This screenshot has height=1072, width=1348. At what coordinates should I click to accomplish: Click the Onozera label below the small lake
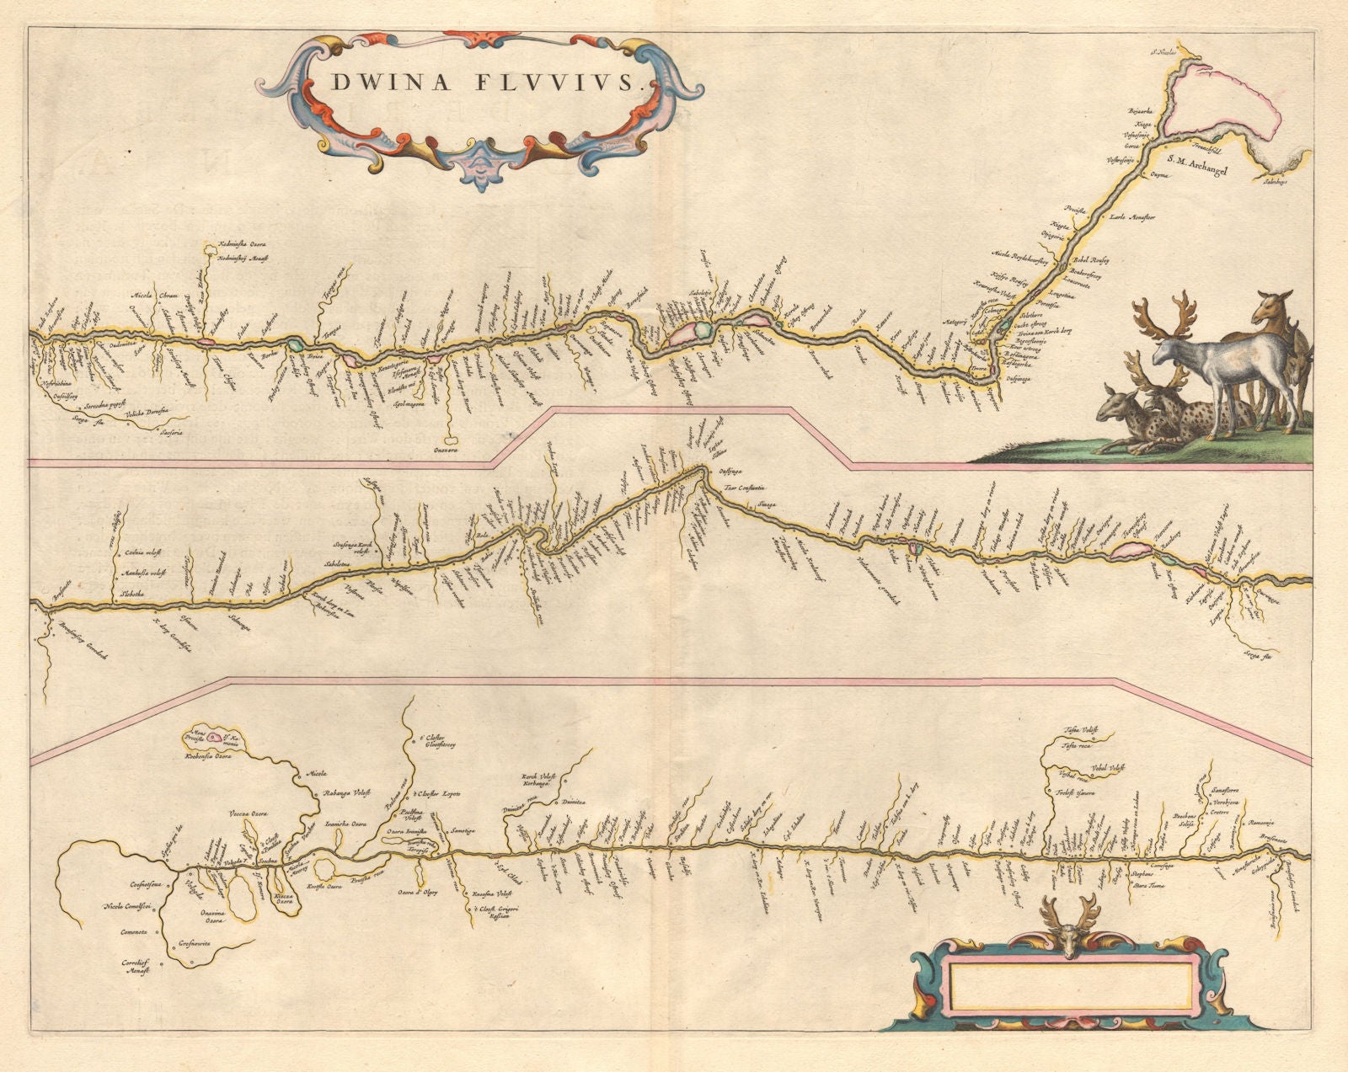click(450, 450)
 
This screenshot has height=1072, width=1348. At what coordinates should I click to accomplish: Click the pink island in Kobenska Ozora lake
click(216, 739)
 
